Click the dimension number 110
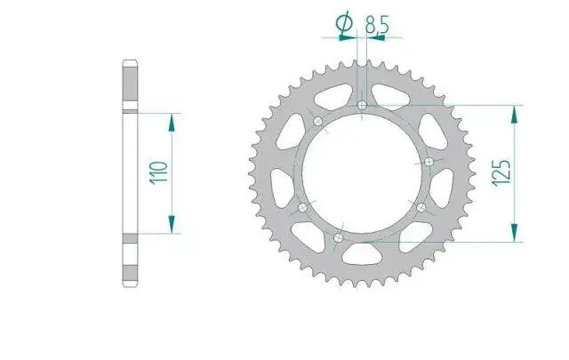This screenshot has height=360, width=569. coord(159,173)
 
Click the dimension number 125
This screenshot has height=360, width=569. coord(501,172)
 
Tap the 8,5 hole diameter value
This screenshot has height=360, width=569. coord(377,25)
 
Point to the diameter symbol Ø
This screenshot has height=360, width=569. coord(344,22)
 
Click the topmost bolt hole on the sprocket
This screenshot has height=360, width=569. coord(362,105)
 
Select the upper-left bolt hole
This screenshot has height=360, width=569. coord(318,121)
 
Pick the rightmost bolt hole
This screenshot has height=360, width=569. coord(429,162)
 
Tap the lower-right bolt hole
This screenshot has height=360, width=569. coord(421,208)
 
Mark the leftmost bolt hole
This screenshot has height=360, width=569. coord(302,208)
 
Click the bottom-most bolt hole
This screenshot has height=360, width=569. coord(338,237)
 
